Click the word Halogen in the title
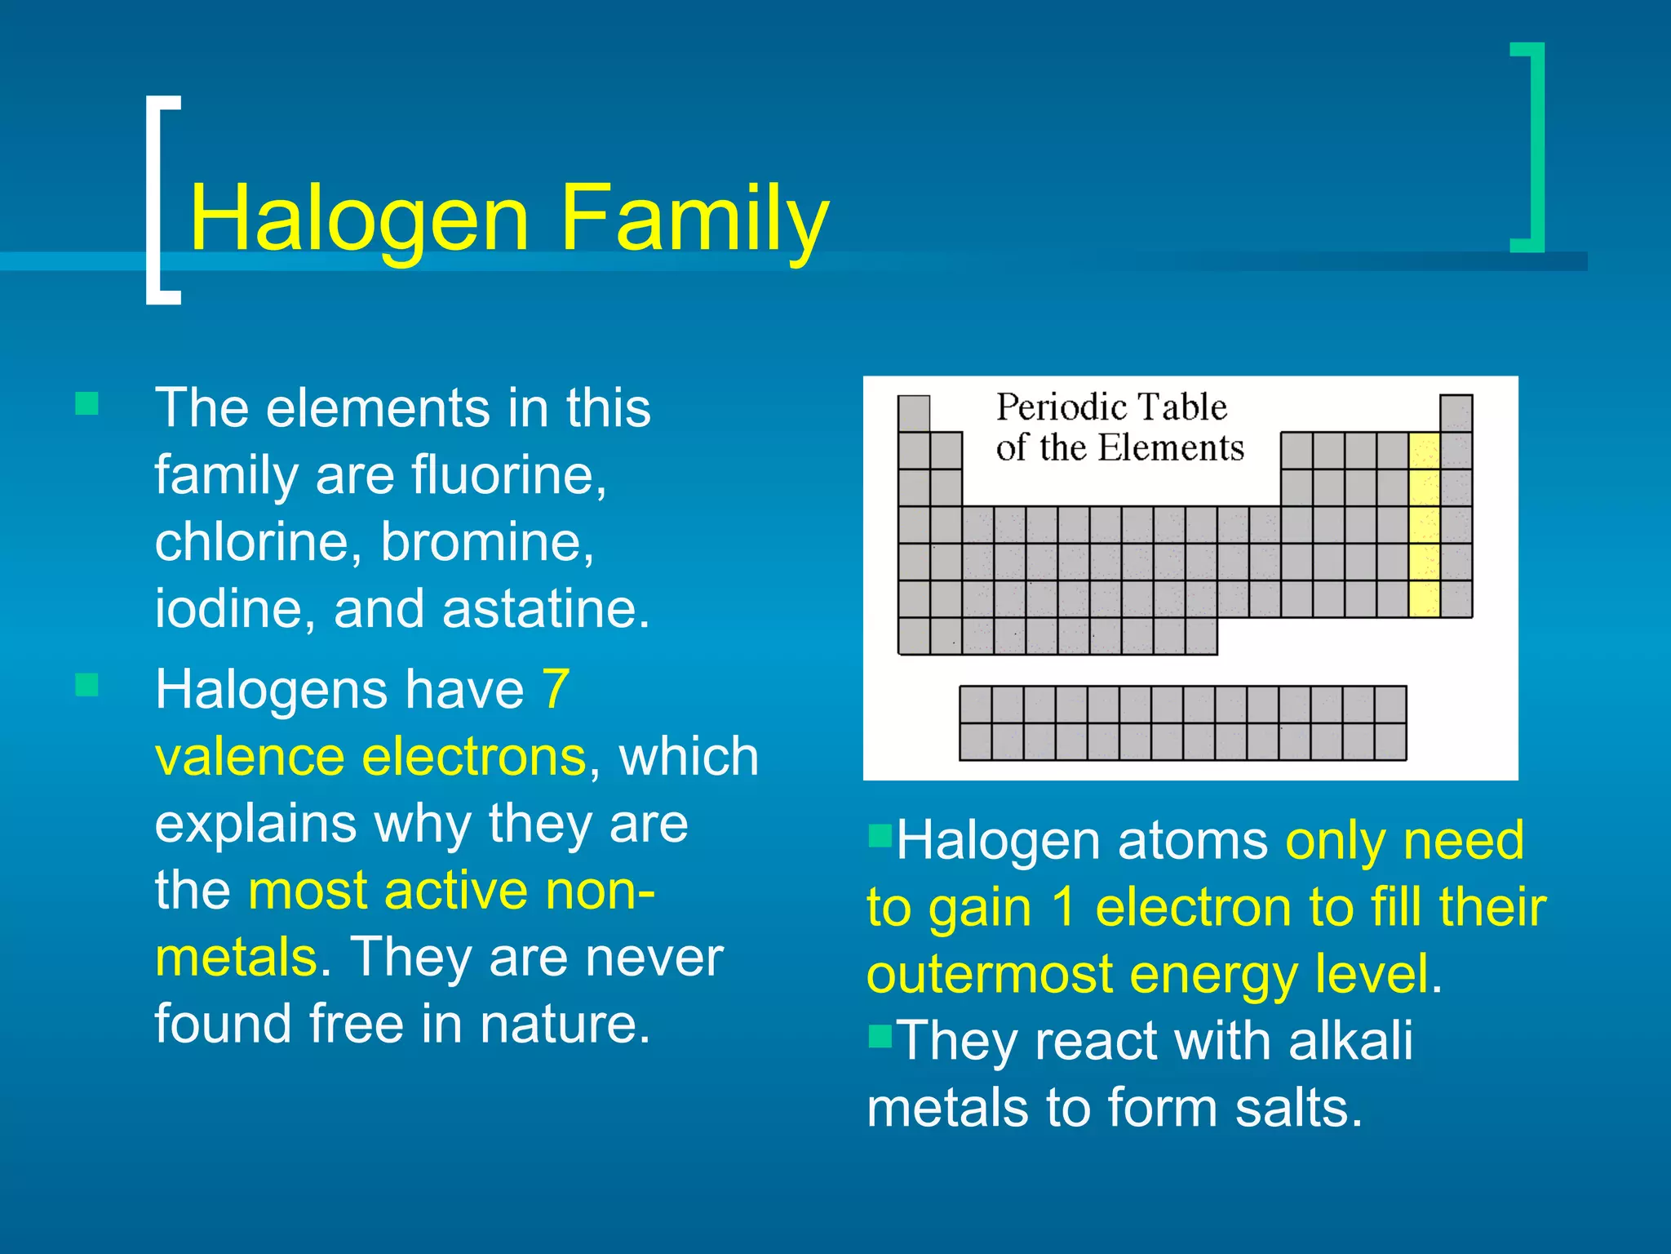359,219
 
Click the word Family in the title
694,219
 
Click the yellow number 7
556,690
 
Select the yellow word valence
248,757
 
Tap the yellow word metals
236,957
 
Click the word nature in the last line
564,1024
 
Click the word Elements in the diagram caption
1171,448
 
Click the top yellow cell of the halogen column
1425,451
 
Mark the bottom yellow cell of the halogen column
1425,598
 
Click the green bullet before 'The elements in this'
86,403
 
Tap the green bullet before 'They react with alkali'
880,1036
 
